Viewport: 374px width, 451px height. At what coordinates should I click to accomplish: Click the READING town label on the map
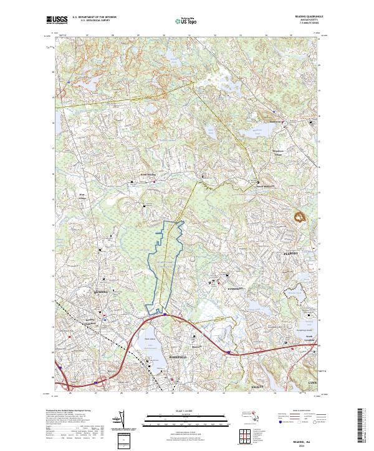coord(101,291)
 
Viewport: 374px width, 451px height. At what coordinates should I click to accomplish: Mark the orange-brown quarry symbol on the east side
coord(302,217)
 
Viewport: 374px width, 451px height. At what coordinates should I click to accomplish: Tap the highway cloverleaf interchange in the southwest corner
coord(65,380)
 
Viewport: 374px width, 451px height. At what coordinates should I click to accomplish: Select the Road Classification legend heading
coord(297,411)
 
